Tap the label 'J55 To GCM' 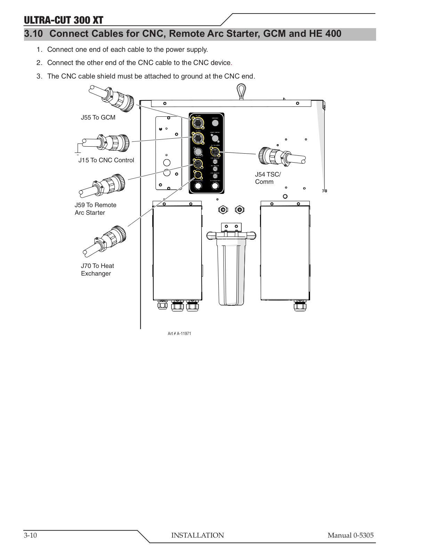[x=98, y=117]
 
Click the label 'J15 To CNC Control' [x=106, y=160]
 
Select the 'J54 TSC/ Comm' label [x=268, y=178]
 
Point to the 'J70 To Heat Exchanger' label [x=97, y=270]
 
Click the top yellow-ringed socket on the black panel [x=198, y=123]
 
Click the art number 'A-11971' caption [x=179, y=334]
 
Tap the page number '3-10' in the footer [x=31, y=535]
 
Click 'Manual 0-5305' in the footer [x=350, y=535]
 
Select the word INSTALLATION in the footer [x=197, y=535]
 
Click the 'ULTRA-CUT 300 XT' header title [x=63, y=20]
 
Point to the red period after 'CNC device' [x=232, y=63]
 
